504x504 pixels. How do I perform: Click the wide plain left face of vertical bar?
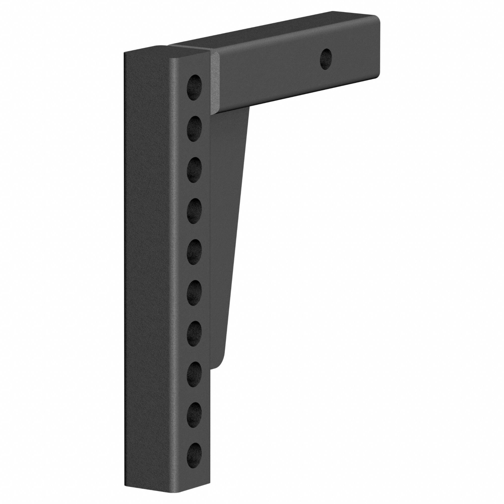coord(146,261)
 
